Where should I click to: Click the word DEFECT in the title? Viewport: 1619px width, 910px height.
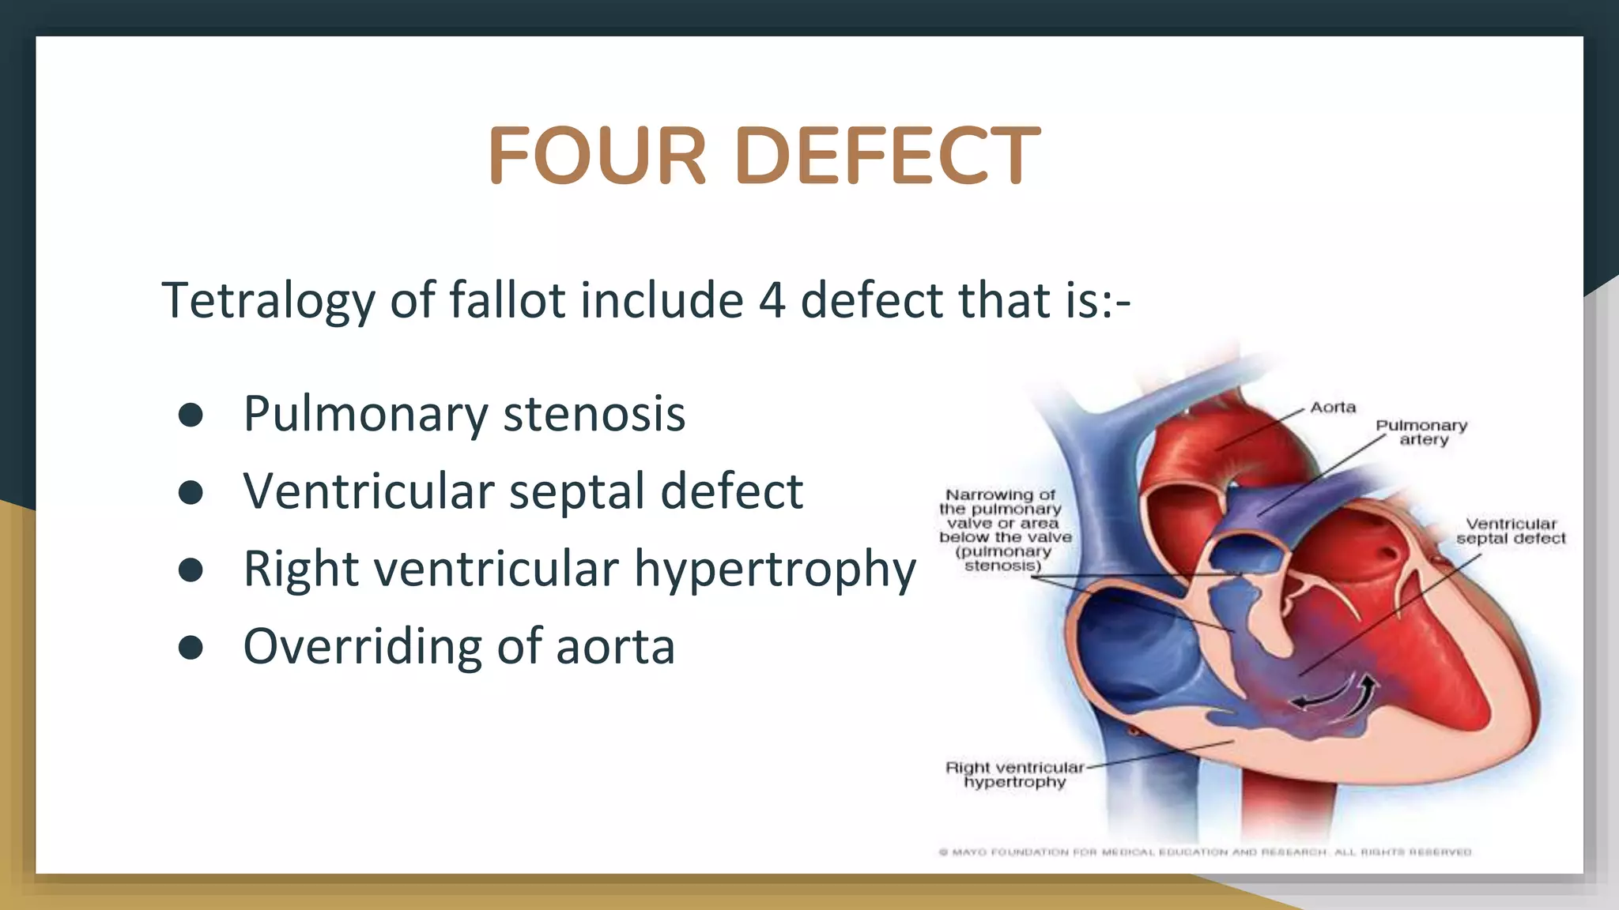pyautogui.click(x=887, y=156)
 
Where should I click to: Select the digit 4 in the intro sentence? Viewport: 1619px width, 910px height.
pyautogui.click(x=772, y=300)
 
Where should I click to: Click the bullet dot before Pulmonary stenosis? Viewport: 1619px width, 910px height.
pyautogui.click(x=191, y=416)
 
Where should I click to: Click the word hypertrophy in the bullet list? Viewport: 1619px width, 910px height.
pyautogui.click(x=775, y=570)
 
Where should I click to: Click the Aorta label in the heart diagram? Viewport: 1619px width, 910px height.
pyautogui.click(x=1333, y=408)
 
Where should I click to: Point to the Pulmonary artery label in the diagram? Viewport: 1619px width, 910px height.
pyautogui.click(x=1421, y=432)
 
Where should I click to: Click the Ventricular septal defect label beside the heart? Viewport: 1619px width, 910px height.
pyautogui.click(x=1511, y=531)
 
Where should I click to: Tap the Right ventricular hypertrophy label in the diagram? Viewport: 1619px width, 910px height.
pyautogui.click(x=1015, y=774)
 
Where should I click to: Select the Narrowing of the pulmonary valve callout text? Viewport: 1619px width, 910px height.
pyautogui.click(x=1004, y=529)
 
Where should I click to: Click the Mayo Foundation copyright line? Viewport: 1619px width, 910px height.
pyautogui.click(x=1205, y=852)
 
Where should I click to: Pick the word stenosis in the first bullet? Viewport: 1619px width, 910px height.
pyautogui.click(x=594, y=415)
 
